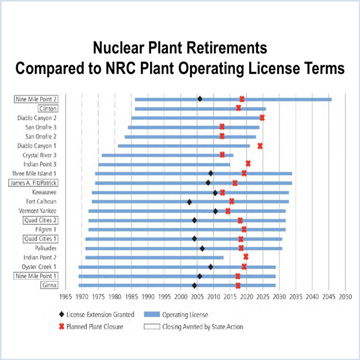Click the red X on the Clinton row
tap(238, 108)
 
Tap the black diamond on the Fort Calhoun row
tap(190, 202)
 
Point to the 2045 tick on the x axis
tap(328, 296)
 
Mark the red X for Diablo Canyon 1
tap(260, 145)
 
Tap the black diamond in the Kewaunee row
tap(215, 193)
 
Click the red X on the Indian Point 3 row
tap(248, 163)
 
